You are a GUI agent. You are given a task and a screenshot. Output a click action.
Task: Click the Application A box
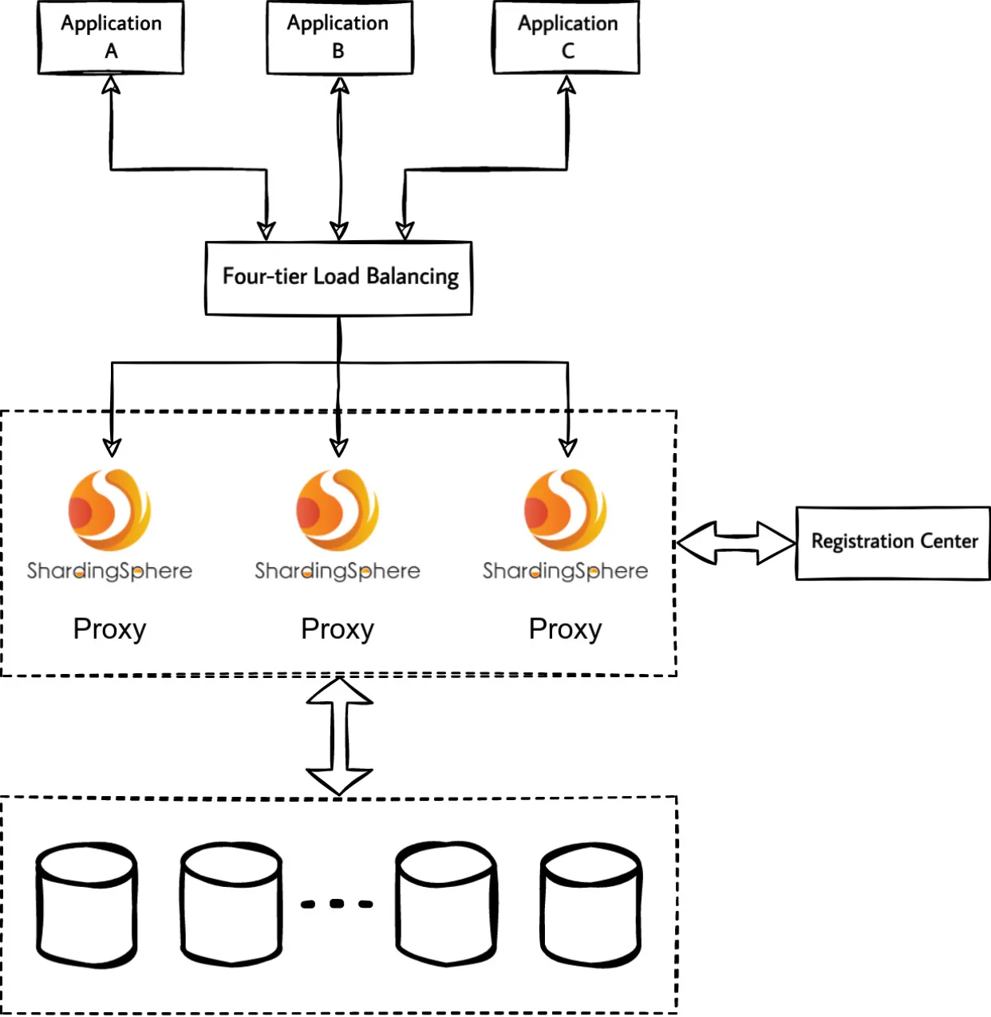(111, 37)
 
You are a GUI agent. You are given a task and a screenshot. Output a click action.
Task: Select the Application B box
(339, 37)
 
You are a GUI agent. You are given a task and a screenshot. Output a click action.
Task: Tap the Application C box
(567, 37)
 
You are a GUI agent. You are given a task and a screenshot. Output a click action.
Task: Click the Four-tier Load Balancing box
(339, 278)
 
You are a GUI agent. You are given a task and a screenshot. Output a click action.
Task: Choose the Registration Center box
(893, 542)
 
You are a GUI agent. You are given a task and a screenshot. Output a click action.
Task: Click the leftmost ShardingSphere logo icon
(110, 510)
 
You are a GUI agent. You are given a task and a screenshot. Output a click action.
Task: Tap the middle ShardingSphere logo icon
(338, 510)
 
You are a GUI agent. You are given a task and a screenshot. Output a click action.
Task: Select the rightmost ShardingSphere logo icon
(566, 510)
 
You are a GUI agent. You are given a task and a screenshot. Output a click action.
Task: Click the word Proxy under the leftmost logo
(110, 629)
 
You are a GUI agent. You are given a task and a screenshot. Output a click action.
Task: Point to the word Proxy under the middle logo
(338, 629)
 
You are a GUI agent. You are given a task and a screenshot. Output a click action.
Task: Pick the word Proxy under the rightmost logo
(566, 629)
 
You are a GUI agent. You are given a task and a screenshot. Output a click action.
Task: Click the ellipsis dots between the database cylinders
(337, 904)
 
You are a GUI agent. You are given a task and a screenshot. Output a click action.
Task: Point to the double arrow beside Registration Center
(736, 543)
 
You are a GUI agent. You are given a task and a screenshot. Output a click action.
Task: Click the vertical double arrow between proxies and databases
(340, 735)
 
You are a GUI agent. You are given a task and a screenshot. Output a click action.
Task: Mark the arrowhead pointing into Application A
(111, 85)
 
